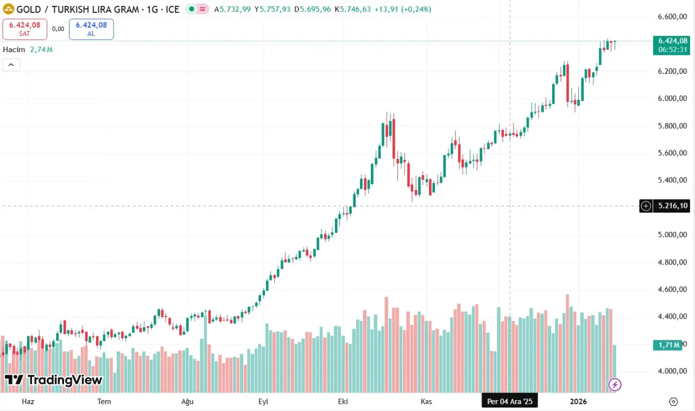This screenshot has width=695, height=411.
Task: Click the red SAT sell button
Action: click(x=24, y=29)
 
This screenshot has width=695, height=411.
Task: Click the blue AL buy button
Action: click(x=91, y=29)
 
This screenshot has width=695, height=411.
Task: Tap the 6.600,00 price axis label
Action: click(x=673, y=17)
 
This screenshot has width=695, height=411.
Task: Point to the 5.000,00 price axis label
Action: click(x=673, y=235)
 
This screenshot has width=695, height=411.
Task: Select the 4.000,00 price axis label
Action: click(x=673, y=371)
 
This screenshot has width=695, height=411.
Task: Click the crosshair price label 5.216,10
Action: click(x=673, y=206)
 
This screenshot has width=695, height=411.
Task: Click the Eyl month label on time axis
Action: click(x=263, y=402)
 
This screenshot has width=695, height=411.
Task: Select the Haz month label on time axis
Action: click(x=28, y=402)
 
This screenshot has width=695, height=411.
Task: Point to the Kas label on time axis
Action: click(x=426, y=402)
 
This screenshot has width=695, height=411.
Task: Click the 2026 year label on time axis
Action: click(x=578, y=402)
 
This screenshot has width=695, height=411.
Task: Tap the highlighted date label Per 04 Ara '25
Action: click(x=510, y=402)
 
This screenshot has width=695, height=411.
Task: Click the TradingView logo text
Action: click(x=53, y=380)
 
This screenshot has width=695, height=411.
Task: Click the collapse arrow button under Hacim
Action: click(x=11, y=65)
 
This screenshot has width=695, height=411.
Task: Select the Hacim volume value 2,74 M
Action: click(x=42, y=50)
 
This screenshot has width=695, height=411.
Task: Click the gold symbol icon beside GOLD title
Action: click(x=8, y=9)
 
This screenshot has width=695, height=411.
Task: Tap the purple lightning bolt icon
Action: click(x=615, y=385)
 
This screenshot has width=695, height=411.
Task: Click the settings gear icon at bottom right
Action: click(x=673, y=402)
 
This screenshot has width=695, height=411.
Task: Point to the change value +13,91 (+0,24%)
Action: click(x=402, y=9)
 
